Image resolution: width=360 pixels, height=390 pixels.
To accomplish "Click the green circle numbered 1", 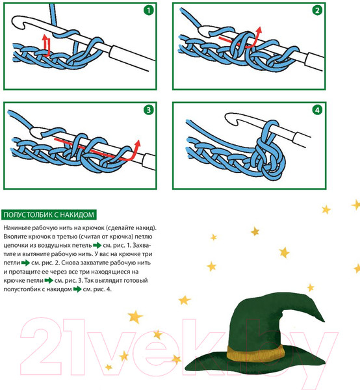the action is pyautogui.click(x=149, y=10).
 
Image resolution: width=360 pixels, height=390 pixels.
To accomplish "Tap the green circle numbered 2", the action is pyautogui.click(x=317, y=10).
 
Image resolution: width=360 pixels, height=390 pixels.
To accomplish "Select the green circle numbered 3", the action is pyautogui.click(x=149, y=110).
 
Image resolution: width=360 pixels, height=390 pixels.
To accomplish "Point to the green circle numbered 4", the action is pyautogui.click(x=317, y=110).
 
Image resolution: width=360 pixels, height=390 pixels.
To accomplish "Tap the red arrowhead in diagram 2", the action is pyautogui.click(x=259, y=31).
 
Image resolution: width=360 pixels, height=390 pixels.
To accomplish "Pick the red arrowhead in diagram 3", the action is pyautogui.click(x=138, y=144).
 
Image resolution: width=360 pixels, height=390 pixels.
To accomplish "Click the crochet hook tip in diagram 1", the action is pyautogui.click(x=19, y=23).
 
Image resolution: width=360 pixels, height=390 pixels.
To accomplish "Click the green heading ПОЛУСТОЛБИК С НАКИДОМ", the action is pyautogui.click(x=49, y=214).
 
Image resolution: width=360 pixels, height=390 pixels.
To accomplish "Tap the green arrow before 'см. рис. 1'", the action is pyautogui.click(x=97, y=246).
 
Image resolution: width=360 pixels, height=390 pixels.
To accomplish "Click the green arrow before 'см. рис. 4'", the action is pyautogui.click(x=77, y=289).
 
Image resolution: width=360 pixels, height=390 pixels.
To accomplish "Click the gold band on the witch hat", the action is pyautogui.click(x=255, y=353).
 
